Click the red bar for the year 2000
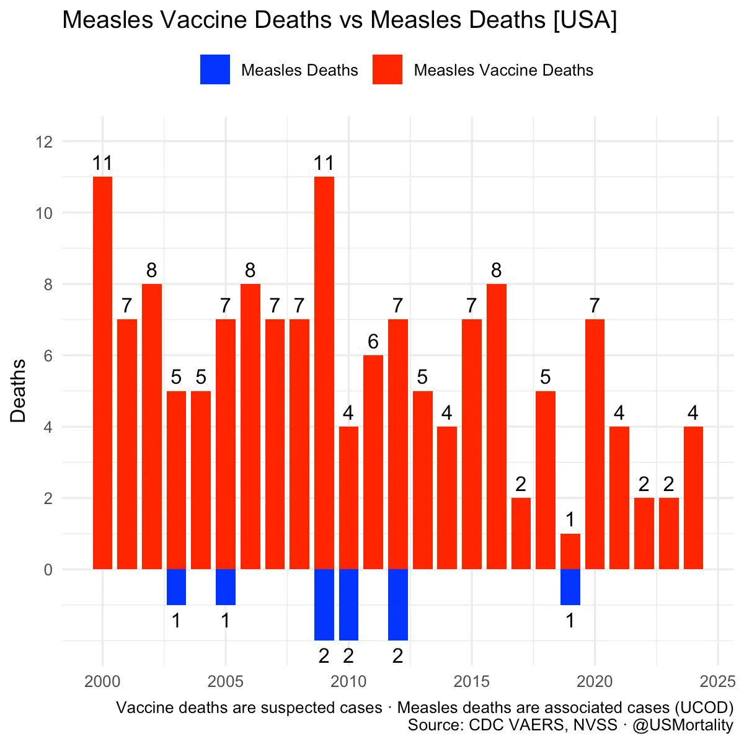click(102, 373)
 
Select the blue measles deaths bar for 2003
click(176, 587)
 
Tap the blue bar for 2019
click(570, 587)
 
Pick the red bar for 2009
click(324, 373)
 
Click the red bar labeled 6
click(373, 462)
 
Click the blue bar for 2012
click(397, 604)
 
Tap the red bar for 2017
click(521, 533)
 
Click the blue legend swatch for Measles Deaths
click(215, 69)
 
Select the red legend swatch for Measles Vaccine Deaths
click(387, 69)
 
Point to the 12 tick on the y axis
click(43, 142)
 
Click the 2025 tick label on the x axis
click(718, 682)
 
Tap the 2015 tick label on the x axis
click(472, 682)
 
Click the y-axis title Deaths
click(19, 391)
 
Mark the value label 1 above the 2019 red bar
click(570, 519)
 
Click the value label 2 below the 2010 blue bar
click(348, 655)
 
